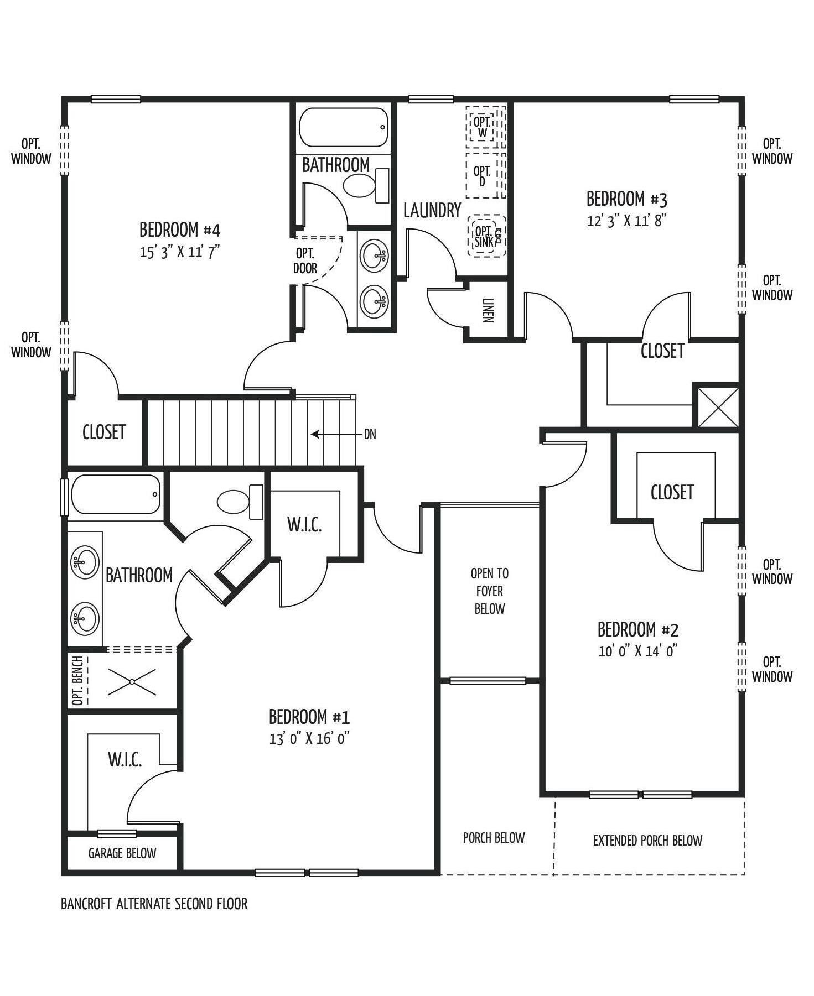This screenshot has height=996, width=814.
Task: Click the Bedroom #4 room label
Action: pyautogui.click(x=180, y=230)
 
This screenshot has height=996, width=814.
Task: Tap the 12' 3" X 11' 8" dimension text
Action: pyautogui.click(x=627, y=221)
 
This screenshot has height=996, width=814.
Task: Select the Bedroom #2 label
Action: pyautogui.click(x=638, y=629)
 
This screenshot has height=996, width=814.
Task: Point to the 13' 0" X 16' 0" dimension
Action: pyautogui.click(x=309, y=738)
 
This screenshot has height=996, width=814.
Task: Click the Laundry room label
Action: pyautogui.click(x=432, y=210)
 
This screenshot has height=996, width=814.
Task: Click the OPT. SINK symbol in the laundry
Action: pyautogui.click(x=487, y=236)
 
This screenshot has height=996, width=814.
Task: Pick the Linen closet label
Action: pyautogui.click(x=488, y=310)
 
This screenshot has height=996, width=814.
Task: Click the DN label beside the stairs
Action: pyautogui.click(x=370, y=434)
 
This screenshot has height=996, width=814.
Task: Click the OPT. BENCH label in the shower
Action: pyautogui.click(x=77, y=680)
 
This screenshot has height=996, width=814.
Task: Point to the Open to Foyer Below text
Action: pyautogui.click(x=489, y=591)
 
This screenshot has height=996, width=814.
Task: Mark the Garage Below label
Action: pyautogui.click(x=122, y=853)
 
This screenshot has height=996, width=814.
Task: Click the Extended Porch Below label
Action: pyautogui.click(x=647, y=841)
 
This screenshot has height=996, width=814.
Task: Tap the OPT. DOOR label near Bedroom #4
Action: pyautogui.click(x=305, y=260)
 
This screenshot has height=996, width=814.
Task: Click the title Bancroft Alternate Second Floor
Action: pyautogui.click(x=154, y=904)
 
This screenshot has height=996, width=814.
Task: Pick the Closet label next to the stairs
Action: pyautogui.click(x=104, y=432)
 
